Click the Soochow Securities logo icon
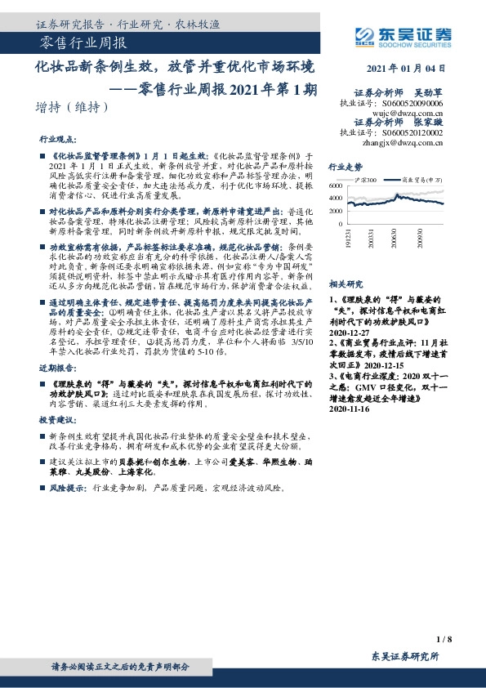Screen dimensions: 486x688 365,34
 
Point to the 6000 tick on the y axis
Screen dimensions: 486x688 335,186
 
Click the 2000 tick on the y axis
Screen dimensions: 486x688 335,210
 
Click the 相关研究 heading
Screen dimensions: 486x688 346,284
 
